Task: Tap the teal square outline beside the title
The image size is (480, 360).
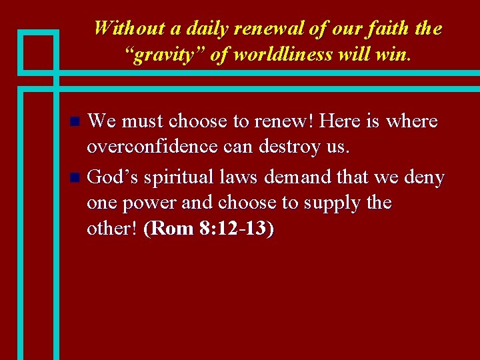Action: (x=39, y=51)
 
